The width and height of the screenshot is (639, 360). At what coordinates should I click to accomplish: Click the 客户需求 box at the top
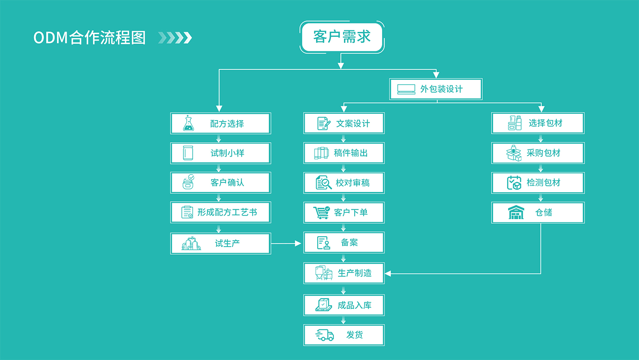pos(342,37)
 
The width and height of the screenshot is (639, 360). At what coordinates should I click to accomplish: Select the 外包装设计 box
pos(436,89)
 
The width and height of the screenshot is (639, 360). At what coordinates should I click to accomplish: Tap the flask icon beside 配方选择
pos(189,123)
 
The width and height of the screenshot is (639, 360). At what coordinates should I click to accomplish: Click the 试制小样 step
pos(220,153)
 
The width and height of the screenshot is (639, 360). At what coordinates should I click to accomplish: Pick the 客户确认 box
pos(220,183)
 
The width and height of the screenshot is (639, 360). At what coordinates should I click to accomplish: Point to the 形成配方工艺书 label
pos(227,212)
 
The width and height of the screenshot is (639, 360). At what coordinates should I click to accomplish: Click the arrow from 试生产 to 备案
pos(287,243)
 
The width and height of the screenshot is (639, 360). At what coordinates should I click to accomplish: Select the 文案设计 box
pos(344,123)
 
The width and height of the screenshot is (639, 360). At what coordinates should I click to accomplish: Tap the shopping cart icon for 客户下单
pos(321,212)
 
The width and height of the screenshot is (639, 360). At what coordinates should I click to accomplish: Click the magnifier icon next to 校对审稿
pos(324,183)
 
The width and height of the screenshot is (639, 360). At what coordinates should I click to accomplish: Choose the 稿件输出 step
pos(344,153)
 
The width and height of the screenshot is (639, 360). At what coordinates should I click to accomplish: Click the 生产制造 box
pos(344,273)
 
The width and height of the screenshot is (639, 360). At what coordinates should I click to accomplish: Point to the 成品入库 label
pos(355,306)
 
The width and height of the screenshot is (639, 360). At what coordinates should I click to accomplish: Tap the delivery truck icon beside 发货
pos(325,335)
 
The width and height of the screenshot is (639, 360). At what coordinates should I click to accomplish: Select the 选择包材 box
pos(538,123)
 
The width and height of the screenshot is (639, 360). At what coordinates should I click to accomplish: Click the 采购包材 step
pos(538,153)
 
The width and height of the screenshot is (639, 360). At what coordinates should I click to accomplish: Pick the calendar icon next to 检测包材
pos(514,183)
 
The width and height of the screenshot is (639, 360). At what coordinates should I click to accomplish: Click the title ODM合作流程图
pos(90,38)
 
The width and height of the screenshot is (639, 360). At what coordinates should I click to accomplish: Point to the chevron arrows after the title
pos(175,38)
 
